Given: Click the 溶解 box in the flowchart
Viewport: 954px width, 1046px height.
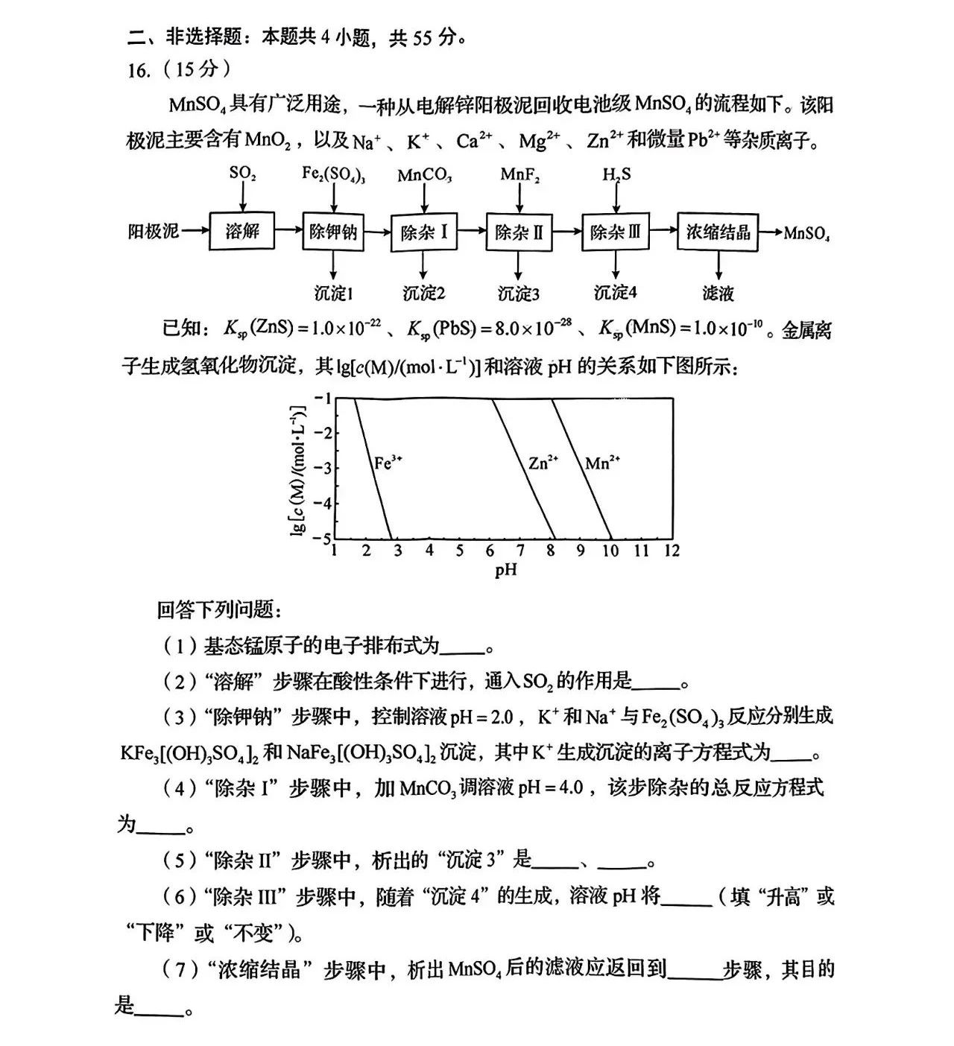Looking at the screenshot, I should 242,232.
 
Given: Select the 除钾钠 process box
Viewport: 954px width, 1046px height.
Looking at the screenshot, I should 333,232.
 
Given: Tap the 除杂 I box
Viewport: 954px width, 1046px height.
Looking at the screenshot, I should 424,232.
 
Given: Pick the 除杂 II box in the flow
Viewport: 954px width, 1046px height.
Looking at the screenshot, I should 519,232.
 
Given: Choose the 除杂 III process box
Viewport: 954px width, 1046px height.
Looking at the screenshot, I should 615,232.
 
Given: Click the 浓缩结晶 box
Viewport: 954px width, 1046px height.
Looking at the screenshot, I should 718,232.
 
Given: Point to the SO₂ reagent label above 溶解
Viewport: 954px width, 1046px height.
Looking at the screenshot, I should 242,174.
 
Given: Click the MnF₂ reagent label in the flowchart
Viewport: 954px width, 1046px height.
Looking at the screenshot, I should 519,175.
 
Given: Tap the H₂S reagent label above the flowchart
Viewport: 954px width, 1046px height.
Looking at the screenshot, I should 616,174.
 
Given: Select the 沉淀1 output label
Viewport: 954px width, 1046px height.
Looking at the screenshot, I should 333,293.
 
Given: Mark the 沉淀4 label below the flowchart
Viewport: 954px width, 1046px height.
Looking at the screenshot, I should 615,292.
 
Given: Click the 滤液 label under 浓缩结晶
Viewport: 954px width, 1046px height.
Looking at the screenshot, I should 718,293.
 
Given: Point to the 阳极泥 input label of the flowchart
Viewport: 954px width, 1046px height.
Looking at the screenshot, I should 154,232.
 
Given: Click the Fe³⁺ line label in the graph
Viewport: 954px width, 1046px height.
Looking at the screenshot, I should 388,463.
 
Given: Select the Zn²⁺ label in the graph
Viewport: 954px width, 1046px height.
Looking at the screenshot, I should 543,463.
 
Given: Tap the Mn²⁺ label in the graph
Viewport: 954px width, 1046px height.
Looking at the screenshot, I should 602,463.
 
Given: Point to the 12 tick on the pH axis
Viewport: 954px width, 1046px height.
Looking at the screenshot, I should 672,551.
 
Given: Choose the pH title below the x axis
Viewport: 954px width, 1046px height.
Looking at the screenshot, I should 505,571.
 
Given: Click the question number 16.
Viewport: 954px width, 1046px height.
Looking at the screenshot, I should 140,70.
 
